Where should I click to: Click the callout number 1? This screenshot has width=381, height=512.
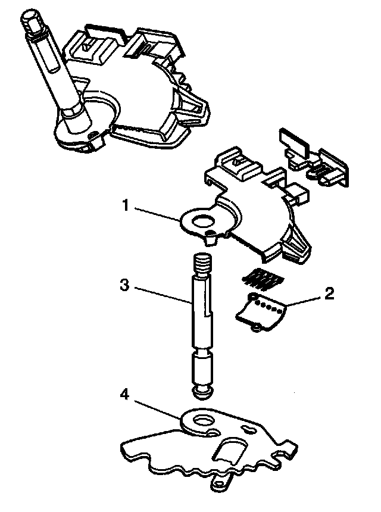click(126, 205)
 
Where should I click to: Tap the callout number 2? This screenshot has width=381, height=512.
click(329, 293)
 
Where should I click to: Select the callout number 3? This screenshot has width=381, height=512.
click(124, 285)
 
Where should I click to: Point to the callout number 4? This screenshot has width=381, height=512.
click(124, 395)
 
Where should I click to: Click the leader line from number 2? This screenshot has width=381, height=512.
click(304, 301)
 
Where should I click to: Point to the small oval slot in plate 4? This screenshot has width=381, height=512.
click(246, 429)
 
